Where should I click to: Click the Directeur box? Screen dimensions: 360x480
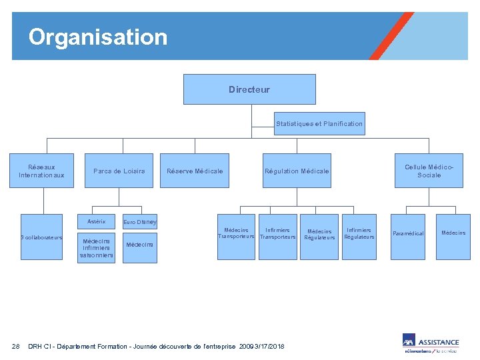pos(249,89)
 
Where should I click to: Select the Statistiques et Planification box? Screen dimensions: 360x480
pos(319,123)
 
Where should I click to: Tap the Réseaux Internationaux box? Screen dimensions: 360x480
pos(42,171)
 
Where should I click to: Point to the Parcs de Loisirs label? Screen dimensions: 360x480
pos(119,171)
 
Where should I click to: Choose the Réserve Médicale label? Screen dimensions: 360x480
pos(195,171)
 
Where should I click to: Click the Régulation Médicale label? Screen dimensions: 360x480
pos(297,171)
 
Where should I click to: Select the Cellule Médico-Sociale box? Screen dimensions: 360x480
pos(429,171)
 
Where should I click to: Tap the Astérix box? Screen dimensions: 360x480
pos(97,221)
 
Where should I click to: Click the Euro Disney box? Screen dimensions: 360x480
pos(140,222)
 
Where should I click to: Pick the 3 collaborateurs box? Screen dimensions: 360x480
pos(41,237)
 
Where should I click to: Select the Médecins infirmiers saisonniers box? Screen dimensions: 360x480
pos(97,247)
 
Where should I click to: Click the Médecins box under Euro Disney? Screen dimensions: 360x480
pos(140,245)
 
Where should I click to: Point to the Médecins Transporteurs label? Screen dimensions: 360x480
pos(237,233)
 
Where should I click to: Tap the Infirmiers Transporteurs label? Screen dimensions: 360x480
pos(277,233)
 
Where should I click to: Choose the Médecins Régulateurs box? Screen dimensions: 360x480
pos(319,235)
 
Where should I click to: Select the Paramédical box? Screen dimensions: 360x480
pos(408,234)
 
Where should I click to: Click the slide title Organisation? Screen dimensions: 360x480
pos(98,37)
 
